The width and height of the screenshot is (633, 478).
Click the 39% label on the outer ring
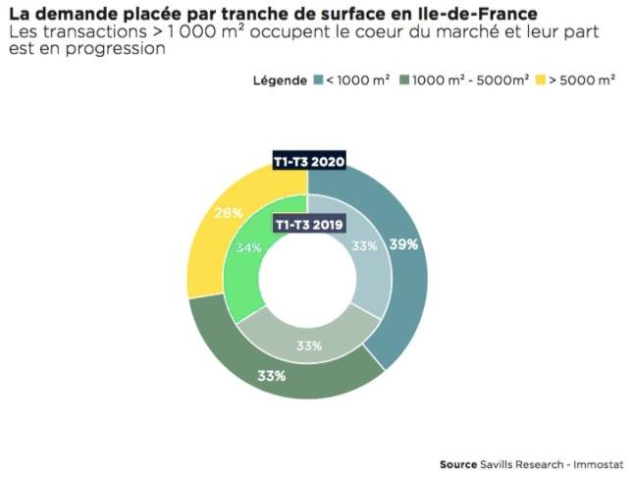tap(403, 244)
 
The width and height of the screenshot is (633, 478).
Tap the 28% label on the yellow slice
tap(228, 213)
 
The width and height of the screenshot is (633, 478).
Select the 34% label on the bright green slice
tap(248, 247)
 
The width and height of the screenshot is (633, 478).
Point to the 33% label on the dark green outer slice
tap(271, 376)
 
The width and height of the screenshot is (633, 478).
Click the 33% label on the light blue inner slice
tap(364, 245)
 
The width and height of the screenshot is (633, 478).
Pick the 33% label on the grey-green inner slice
tap(309, 345)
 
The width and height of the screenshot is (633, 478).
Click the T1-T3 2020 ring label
tap(309, 162)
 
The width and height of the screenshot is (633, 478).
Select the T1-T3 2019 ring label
tap(309, 224)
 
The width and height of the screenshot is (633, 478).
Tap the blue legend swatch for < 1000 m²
tap(319, 80)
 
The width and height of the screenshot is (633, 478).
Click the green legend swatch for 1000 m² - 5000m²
tap(404, 80)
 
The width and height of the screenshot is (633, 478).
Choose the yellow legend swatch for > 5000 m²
tap(541, 80)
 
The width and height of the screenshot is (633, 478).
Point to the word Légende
tap(280, 80)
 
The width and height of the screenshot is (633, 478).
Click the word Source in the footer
tap(458, 464)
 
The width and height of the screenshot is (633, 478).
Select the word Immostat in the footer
tap(599, 464)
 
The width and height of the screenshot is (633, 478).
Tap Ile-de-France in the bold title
tap(476, 14)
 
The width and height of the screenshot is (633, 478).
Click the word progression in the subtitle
tap(116, 49)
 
